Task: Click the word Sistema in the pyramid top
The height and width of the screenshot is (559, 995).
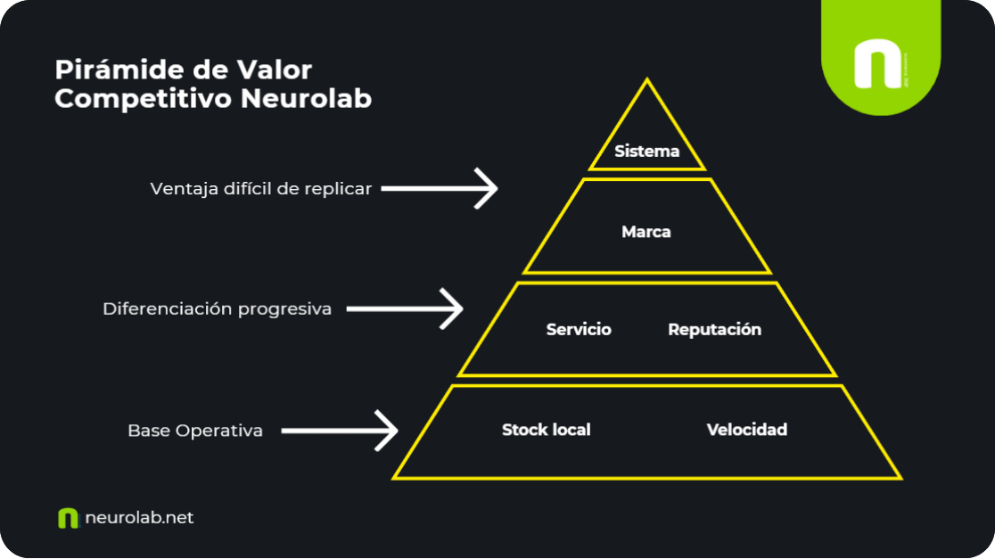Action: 646,152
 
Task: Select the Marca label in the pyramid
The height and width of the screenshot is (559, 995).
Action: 646,232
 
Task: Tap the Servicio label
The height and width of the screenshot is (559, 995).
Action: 579,330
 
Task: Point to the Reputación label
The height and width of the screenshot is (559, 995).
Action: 714,330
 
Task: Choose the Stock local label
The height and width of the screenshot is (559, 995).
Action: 546,430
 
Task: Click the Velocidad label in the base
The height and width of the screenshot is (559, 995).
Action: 747,430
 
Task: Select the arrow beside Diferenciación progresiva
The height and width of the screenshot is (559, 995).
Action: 405,308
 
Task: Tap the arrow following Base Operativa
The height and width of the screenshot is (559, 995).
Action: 340,431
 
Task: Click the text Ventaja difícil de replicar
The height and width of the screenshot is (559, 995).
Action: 260,189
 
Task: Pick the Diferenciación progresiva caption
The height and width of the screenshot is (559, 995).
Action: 217,309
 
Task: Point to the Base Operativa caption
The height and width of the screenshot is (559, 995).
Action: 195,432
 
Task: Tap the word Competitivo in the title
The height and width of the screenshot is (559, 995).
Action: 144,99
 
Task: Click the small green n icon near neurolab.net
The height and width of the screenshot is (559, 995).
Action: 68,518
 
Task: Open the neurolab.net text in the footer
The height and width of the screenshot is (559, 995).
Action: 139,518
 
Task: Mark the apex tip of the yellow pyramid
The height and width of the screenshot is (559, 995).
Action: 646,81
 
